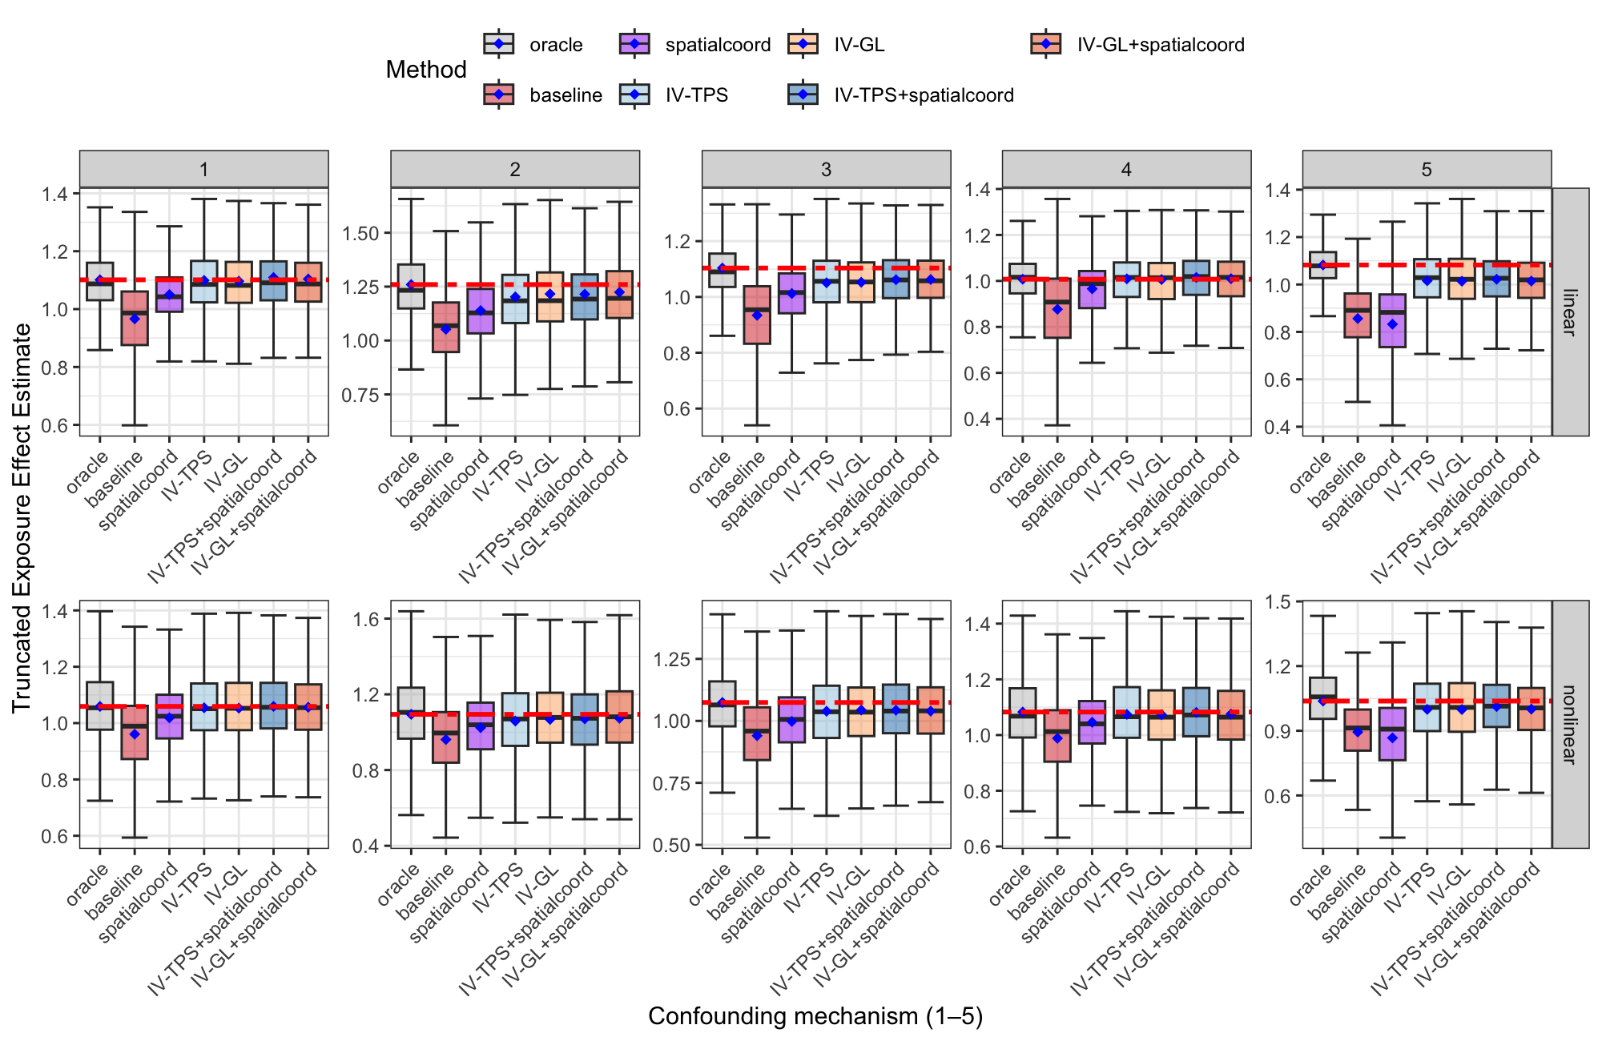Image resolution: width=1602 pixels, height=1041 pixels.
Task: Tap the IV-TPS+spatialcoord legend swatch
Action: (x=803, y=95)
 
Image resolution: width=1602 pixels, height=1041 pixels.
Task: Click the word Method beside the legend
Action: (x=425, y=70)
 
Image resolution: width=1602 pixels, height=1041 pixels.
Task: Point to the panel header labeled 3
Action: (x=826, y=169)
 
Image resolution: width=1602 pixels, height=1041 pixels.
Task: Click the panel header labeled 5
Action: (x=1426, y=169)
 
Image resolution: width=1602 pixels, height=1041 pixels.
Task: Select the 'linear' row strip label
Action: (x=1570, y=312)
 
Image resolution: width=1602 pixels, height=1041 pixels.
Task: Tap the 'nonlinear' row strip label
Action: (x=1570, y=724)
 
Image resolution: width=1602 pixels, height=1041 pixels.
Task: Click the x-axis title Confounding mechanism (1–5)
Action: (x=815, y=1016)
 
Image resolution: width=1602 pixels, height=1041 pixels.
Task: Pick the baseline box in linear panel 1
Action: (x=135, y=319)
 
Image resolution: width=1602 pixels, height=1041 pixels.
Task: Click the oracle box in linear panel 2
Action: (x=411, y=286)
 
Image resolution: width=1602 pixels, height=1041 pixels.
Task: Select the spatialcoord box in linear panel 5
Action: (x=1393, y=320)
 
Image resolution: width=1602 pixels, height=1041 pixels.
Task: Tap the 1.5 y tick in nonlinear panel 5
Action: (x=1278, y=602)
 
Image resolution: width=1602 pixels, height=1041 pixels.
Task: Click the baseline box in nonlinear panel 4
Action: (x=1057, y=735)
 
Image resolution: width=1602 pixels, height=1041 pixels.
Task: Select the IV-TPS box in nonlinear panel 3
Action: (x=827, y=711)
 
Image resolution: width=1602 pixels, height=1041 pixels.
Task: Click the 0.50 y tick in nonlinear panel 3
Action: (x=671, y=846)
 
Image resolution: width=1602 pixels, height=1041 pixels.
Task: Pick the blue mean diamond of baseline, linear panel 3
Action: (x=757, y=316)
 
